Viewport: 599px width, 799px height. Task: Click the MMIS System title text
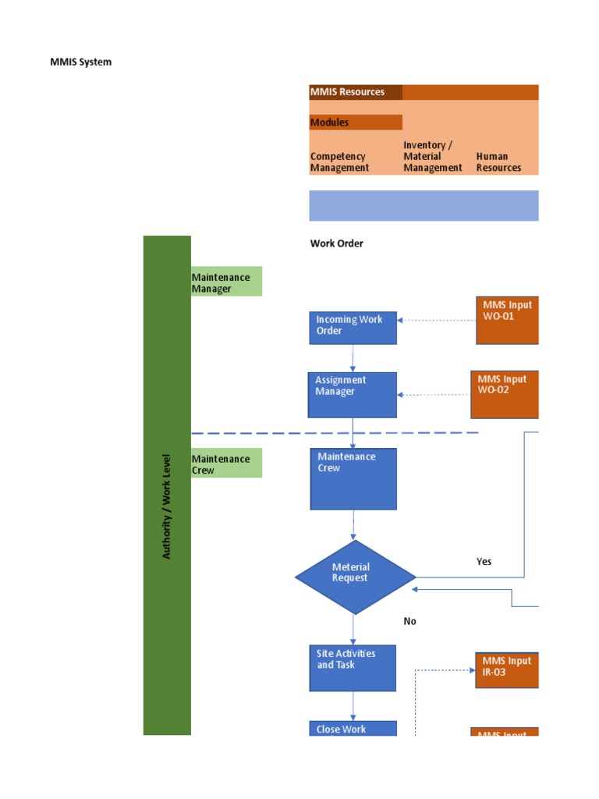(80, 62)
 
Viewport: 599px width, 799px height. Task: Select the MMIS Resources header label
(347, 92)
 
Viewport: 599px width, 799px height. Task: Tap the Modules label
(329, 123)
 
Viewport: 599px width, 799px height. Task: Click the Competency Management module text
(339, 162)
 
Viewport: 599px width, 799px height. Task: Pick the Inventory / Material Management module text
(432, 156)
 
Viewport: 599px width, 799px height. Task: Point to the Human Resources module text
(498, 162)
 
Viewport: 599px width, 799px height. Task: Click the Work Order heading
(336, 243)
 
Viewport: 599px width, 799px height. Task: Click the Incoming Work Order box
(353, 328)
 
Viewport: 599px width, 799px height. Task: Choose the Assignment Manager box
(353, 394)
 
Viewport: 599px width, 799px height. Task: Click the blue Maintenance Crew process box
(353, 478)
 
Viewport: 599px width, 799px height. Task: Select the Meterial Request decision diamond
(355, 577)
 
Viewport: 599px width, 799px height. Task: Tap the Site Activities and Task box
(353, 667)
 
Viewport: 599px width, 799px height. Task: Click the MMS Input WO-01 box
(507, 319)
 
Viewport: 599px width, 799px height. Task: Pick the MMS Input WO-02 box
(504, 394)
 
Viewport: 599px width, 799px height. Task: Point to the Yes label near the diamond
(484, 562)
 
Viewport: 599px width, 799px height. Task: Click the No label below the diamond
(409, 621)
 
